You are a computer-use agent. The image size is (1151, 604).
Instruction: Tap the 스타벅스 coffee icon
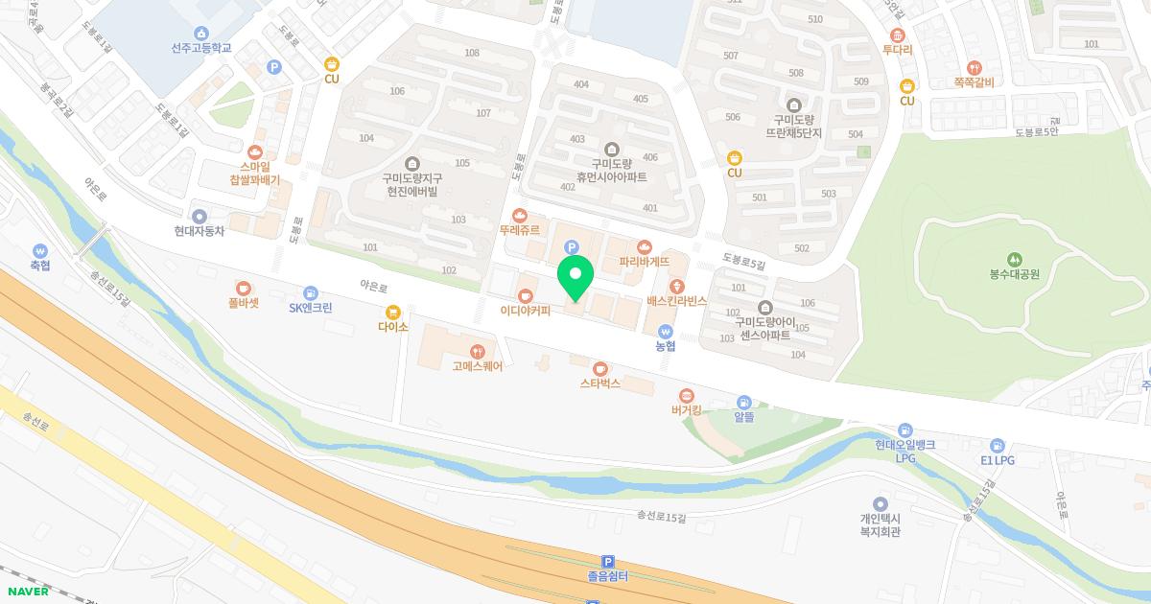pyautogui.click(x=600, y=368)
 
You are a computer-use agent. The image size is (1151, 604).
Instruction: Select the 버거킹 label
pyautogui.click(x=686, y=410)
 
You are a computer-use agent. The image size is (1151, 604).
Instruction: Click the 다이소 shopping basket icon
pyautogui.click(x=392, y=312)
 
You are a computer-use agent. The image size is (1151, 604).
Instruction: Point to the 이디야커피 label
pyautogui.click(x=525, y=311)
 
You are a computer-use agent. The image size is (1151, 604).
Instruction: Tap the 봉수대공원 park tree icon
pyautogui.click(x=1015, y=259)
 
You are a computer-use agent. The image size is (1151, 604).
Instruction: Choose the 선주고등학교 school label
pyautogui.click(x=201, y=48)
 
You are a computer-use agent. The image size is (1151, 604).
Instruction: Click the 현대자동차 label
pyautogui.click(x=200, y=231)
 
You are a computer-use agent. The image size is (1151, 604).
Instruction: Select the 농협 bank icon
pyautogui.click(x=666, y=332)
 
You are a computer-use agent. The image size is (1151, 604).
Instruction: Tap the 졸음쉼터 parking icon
pyautogui.click(x=607, y=562)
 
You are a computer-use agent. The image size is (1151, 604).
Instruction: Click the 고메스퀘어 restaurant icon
pyautogui.click(x=478, y=350)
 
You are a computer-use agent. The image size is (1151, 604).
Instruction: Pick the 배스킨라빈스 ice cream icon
pyautogui.click(x=677, y=286)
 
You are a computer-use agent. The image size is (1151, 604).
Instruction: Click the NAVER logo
pyautogui.click(x=29, y=591)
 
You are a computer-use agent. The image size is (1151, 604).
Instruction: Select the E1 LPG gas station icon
pyautogui.click(x=998, y=445)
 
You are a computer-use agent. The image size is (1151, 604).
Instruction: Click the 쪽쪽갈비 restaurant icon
pyautogui.click(x=975, y=67)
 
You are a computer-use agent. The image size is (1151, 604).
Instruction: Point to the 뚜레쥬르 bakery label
pyautogui.click(x=520, y=230)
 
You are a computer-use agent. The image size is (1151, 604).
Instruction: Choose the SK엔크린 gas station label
pyautogui.click(x=311, y=308)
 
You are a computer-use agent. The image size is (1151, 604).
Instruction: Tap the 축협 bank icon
pyautogui.click(x=39, y=250)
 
